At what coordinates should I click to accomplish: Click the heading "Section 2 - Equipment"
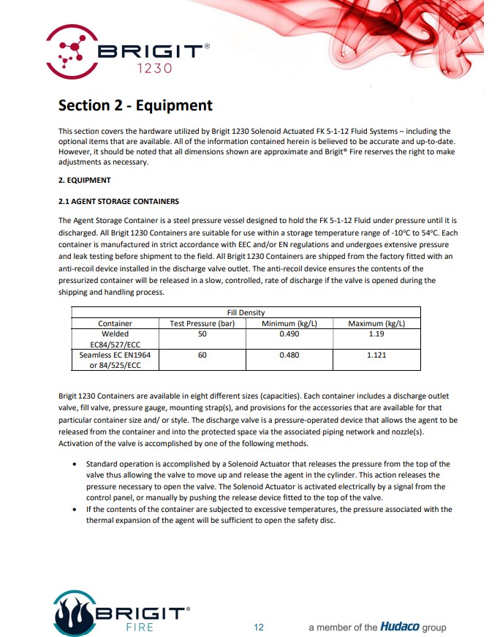(x=135, y=106)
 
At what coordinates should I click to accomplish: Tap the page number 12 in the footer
(x=259, y=627)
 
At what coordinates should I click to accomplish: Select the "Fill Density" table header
(x=246, y=313)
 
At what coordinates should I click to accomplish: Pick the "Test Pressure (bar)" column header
(x=202, y=323)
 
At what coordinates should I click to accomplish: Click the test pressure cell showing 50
(x=202, y=333)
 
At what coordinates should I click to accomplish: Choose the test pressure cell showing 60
(x=202, y=355)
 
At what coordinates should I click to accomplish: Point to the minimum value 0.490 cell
(x=290, y=333)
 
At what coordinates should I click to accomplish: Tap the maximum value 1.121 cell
(x=376, y=355)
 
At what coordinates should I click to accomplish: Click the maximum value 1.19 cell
(x=376, y=333)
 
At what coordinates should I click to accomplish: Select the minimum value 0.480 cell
(x=290, y=355)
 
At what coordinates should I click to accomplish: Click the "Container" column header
(x=115, y=323)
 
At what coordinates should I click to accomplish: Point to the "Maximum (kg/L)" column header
(x=376, y=323)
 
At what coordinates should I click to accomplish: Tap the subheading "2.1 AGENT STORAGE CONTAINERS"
(x=118, y=201)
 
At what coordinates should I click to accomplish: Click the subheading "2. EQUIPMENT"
(x=84, y=180)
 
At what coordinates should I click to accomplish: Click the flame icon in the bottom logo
(x=74, y=613)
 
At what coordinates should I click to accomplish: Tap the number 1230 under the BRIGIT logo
(x=154, y=69)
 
